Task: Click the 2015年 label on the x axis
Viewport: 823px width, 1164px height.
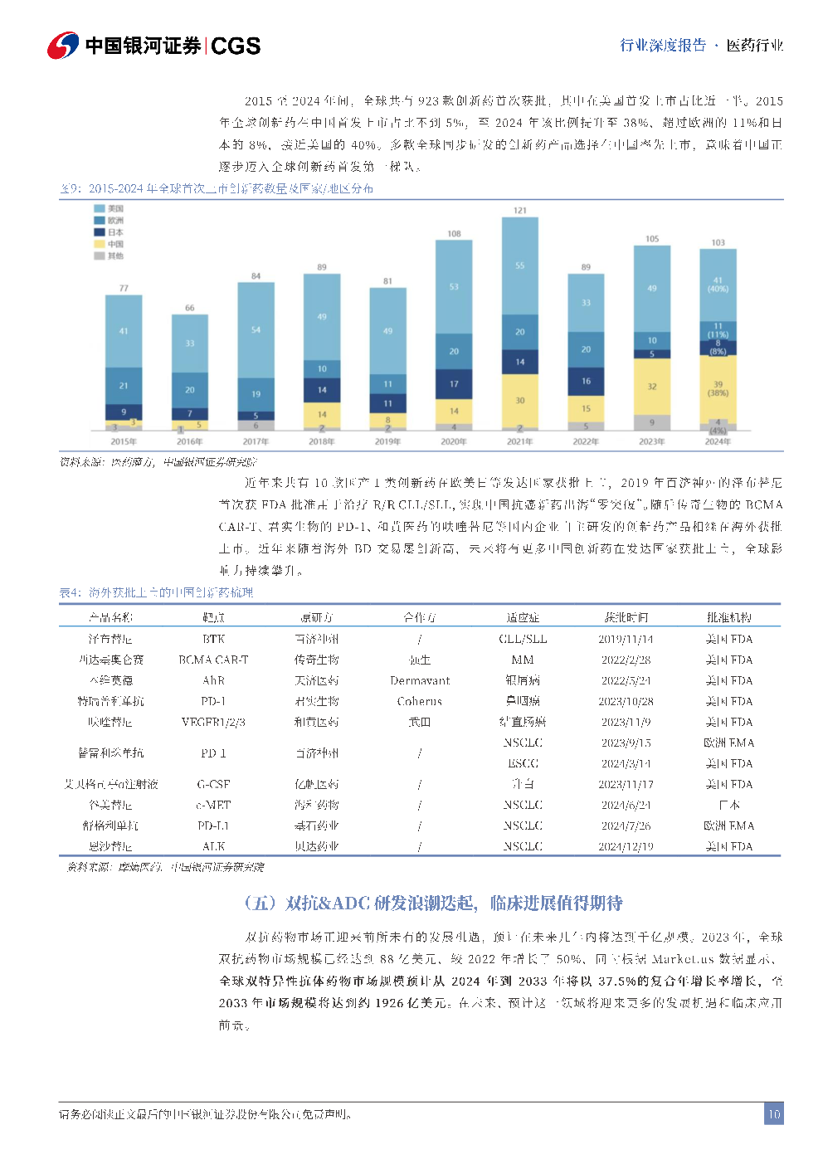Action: pos(124,441)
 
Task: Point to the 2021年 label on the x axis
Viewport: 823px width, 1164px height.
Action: pos(520,441)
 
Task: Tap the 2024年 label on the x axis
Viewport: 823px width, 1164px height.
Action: pos(718,441)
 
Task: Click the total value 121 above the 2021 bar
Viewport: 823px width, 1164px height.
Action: pos(520,211)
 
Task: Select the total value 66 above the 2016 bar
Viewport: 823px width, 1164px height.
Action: pos(190,308)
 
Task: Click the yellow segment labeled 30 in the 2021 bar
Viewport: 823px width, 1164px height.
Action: pos(520,401)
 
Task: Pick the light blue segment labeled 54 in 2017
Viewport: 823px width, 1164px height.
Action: pos(256,330)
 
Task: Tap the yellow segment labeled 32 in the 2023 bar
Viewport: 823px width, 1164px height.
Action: pos(652,387)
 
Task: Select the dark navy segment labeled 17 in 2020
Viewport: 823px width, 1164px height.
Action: pos(454,384)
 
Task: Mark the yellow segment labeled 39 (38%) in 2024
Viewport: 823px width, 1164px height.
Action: pos(718,388)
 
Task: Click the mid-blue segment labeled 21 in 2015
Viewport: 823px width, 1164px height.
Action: pos(124,386)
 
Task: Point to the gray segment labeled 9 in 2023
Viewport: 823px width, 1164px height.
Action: pos(652,422)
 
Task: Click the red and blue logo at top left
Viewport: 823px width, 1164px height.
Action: pos(63,46)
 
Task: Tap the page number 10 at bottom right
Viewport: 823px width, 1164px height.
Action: pos(773,1113)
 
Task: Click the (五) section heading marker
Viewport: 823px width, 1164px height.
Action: pos(260,903)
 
